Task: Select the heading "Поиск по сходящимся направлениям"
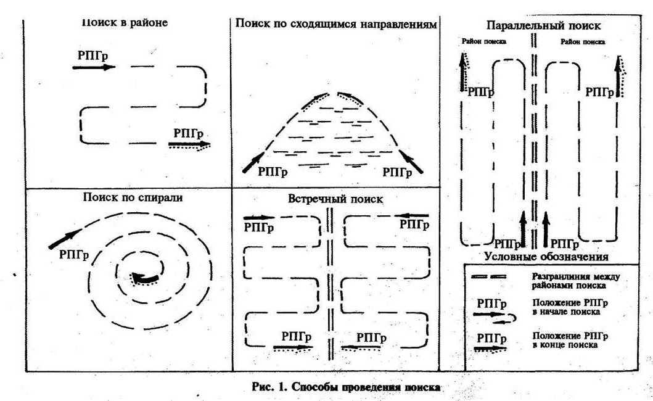click(x=336, y=24)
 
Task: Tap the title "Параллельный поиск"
click(x=543, y=26)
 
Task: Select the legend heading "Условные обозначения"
click(x=546, y=256)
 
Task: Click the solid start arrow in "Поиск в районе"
click(x=94, y=67)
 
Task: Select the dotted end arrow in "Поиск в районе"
click(x=189, y=146)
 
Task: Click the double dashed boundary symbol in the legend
click(x=488, y=278)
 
